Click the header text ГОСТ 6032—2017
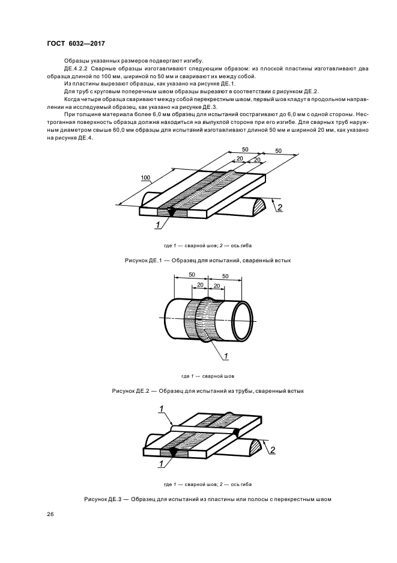coord(76,44)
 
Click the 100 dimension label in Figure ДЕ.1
coord(145,177)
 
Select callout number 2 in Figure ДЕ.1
coord(279,207)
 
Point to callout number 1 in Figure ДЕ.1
coord(157,225)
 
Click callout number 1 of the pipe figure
coord(226,356)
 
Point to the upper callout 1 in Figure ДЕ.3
coord(162,409)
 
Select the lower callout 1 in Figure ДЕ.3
coord(161,464)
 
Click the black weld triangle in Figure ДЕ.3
coord(172,453)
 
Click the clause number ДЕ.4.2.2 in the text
coord(76,68)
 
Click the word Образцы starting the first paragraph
coord(74,60)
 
